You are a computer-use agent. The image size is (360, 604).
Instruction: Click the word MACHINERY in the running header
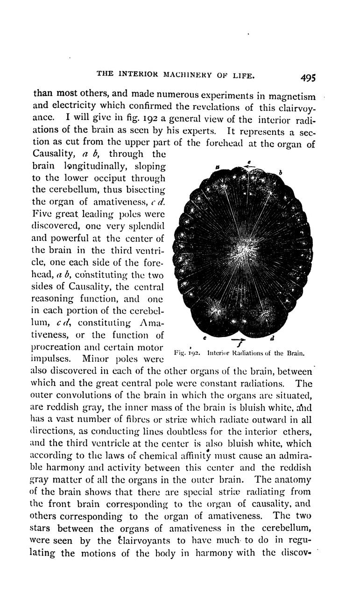[188, 75]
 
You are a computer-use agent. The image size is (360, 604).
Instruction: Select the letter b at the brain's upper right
[281, 172]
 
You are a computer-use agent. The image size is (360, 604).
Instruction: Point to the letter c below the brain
[204, 336]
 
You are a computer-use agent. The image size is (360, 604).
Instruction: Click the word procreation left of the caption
[58, 349]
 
